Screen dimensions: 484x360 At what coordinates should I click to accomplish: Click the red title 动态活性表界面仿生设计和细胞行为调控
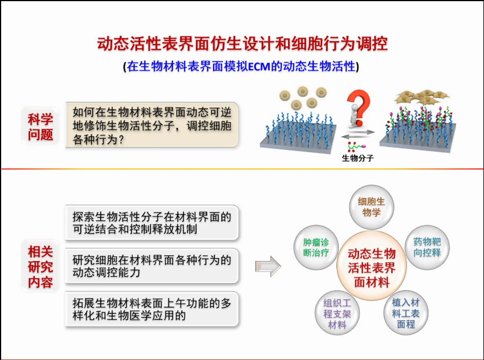(243, 43)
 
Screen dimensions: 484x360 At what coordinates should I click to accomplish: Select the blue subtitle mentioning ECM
(241, 67)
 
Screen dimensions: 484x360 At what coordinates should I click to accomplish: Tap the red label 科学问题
(40, 127)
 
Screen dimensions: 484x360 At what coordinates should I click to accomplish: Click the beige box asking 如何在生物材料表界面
(152, 125)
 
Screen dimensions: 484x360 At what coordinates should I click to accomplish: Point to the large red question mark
(360, 106)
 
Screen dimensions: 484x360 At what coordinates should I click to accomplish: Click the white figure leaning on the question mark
(354, 116)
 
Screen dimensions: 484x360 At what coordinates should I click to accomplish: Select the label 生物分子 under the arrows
(358, 158)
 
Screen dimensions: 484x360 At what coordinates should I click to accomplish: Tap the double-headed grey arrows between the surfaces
(358, 134)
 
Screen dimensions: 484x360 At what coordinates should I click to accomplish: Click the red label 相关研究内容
(40, 266)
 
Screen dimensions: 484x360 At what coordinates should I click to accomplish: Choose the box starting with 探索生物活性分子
(152, 222)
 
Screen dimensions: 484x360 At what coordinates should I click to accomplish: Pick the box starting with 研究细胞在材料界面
(152, 266)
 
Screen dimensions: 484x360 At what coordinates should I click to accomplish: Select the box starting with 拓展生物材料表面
(152, 309)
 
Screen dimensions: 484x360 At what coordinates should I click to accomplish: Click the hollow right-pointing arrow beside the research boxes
(268, 266)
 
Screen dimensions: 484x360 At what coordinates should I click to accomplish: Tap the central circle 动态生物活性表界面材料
(372, 266)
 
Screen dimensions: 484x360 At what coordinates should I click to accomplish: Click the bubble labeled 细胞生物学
(371, 207)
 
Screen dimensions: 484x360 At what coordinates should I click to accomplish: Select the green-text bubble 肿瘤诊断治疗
(316, 247)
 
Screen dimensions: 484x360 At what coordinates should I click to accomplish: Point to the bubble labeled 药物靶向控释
(427, 247)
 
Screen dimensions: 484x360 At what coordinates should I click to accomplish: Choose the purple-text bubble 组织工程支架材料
(337, 313)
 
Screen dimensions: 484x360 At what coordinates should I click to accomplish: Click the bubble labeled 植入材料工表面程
(406, 313)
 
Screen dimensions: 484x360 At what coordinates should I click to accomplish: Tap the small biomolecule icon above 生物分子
(357, 146)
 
